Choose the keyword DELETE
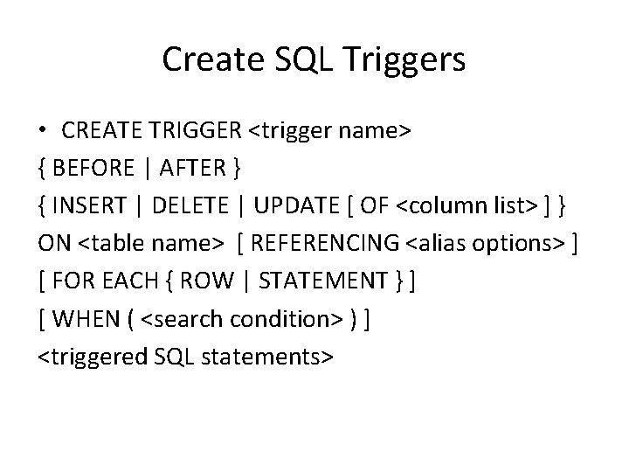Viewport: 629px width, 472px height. pos(197,206)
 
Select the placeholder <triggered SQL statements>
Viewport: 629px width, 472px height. pos(185,357)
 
